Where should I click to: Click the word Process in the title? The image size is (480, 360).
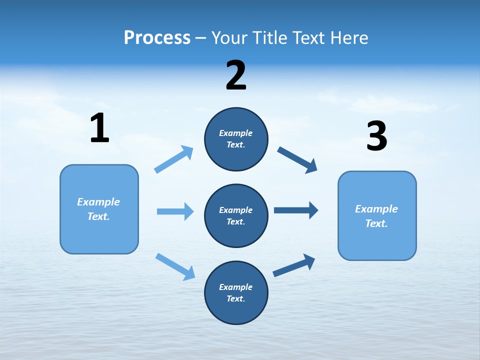(157, 37)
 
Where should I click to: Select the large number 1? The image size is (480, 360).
(99, 128)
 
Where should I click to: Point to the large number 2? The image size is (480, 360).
(236, 75)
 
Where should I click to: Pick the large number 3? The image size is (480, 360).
(376, 136)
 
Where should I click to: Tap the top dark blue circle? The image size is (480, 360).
(236, 139)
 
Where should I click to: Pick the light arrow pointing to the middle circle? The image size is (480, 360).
(175, 211)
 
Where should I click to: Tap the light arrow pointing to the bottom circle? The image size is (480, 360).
(175, 266)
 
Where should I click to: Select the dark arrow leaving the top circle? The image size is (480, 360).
(297, 159)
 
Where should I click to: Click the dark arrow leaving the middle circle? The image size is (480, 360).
(296, 210)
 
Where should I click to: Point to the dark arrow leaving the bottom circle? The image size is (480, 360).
(294, 265)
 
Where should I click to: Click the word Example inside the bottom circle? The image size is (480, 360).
(236, 287)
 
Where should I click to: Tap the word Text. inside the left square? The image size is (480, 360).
(98, 216)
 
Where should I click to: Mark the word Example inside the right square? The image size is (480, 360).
(376, 209)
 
